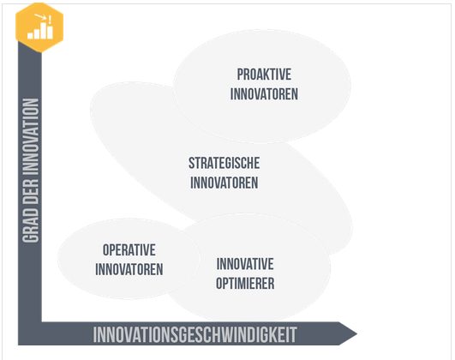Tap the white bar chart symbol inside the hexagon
coord(39,30)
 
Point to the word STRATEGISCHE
coord(224,163)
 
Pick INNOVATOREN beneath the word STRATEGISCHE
coord(224,183)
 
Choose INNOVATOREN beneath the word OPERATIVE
coord(129,269)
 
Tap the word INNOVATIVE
coord(245,263)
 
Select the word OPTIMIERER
coord(245,283)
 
